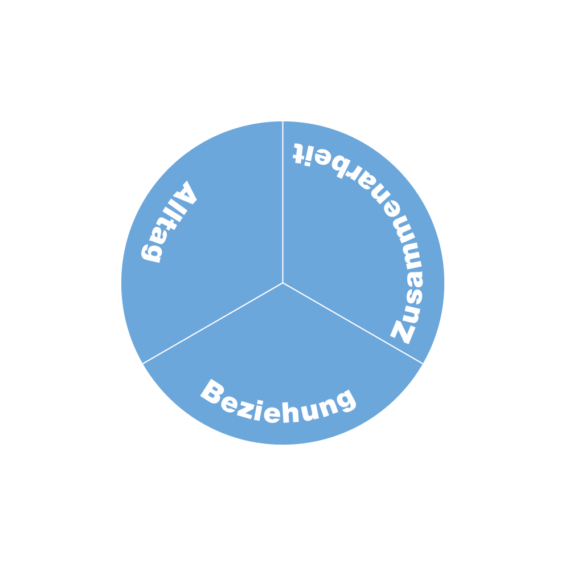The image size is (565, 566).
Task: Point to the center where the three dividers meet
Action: pos(282,283)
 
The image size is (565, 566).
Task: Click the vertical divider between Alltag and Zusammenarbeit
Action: pos(282,199)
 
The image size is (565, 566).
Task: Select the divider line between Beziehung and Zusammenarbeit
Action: pos(353,323)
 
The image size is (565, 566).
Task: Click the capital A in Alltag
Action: pos(185,194)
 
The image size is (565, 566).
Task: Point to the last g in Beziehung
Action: pos(345,400)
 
